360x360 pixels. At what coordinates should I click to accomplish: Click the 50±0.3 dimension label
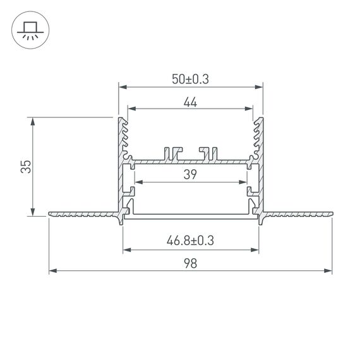(x=190, y=79)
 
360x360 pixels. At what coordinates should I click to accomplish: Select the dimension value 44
(x=190, y=103)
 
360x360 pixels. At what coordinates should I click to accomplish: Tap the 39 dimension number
(x=190, y=176)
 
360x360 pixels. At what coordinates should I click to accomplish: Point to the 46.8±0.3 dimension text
(x=190, y=240)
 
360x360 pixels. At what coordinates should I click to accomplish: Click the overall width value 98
(x=190, y=265)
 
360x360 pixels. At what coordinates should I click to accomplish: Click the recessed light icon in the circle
(x=29, y=30)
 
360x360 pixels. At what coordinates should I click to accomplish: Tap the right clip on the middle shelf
(x=209, y=153)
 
